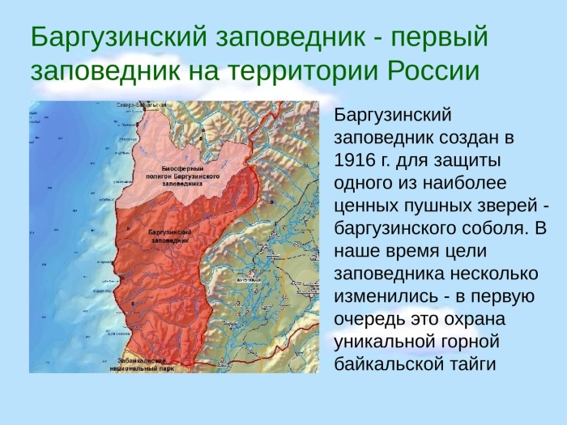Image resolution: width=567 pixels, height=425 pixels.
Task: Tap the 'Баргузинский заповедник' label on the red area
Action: point(170,236)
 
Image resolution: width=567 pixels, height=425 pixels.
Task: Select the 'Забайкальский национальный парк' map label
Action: point(133,362)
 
